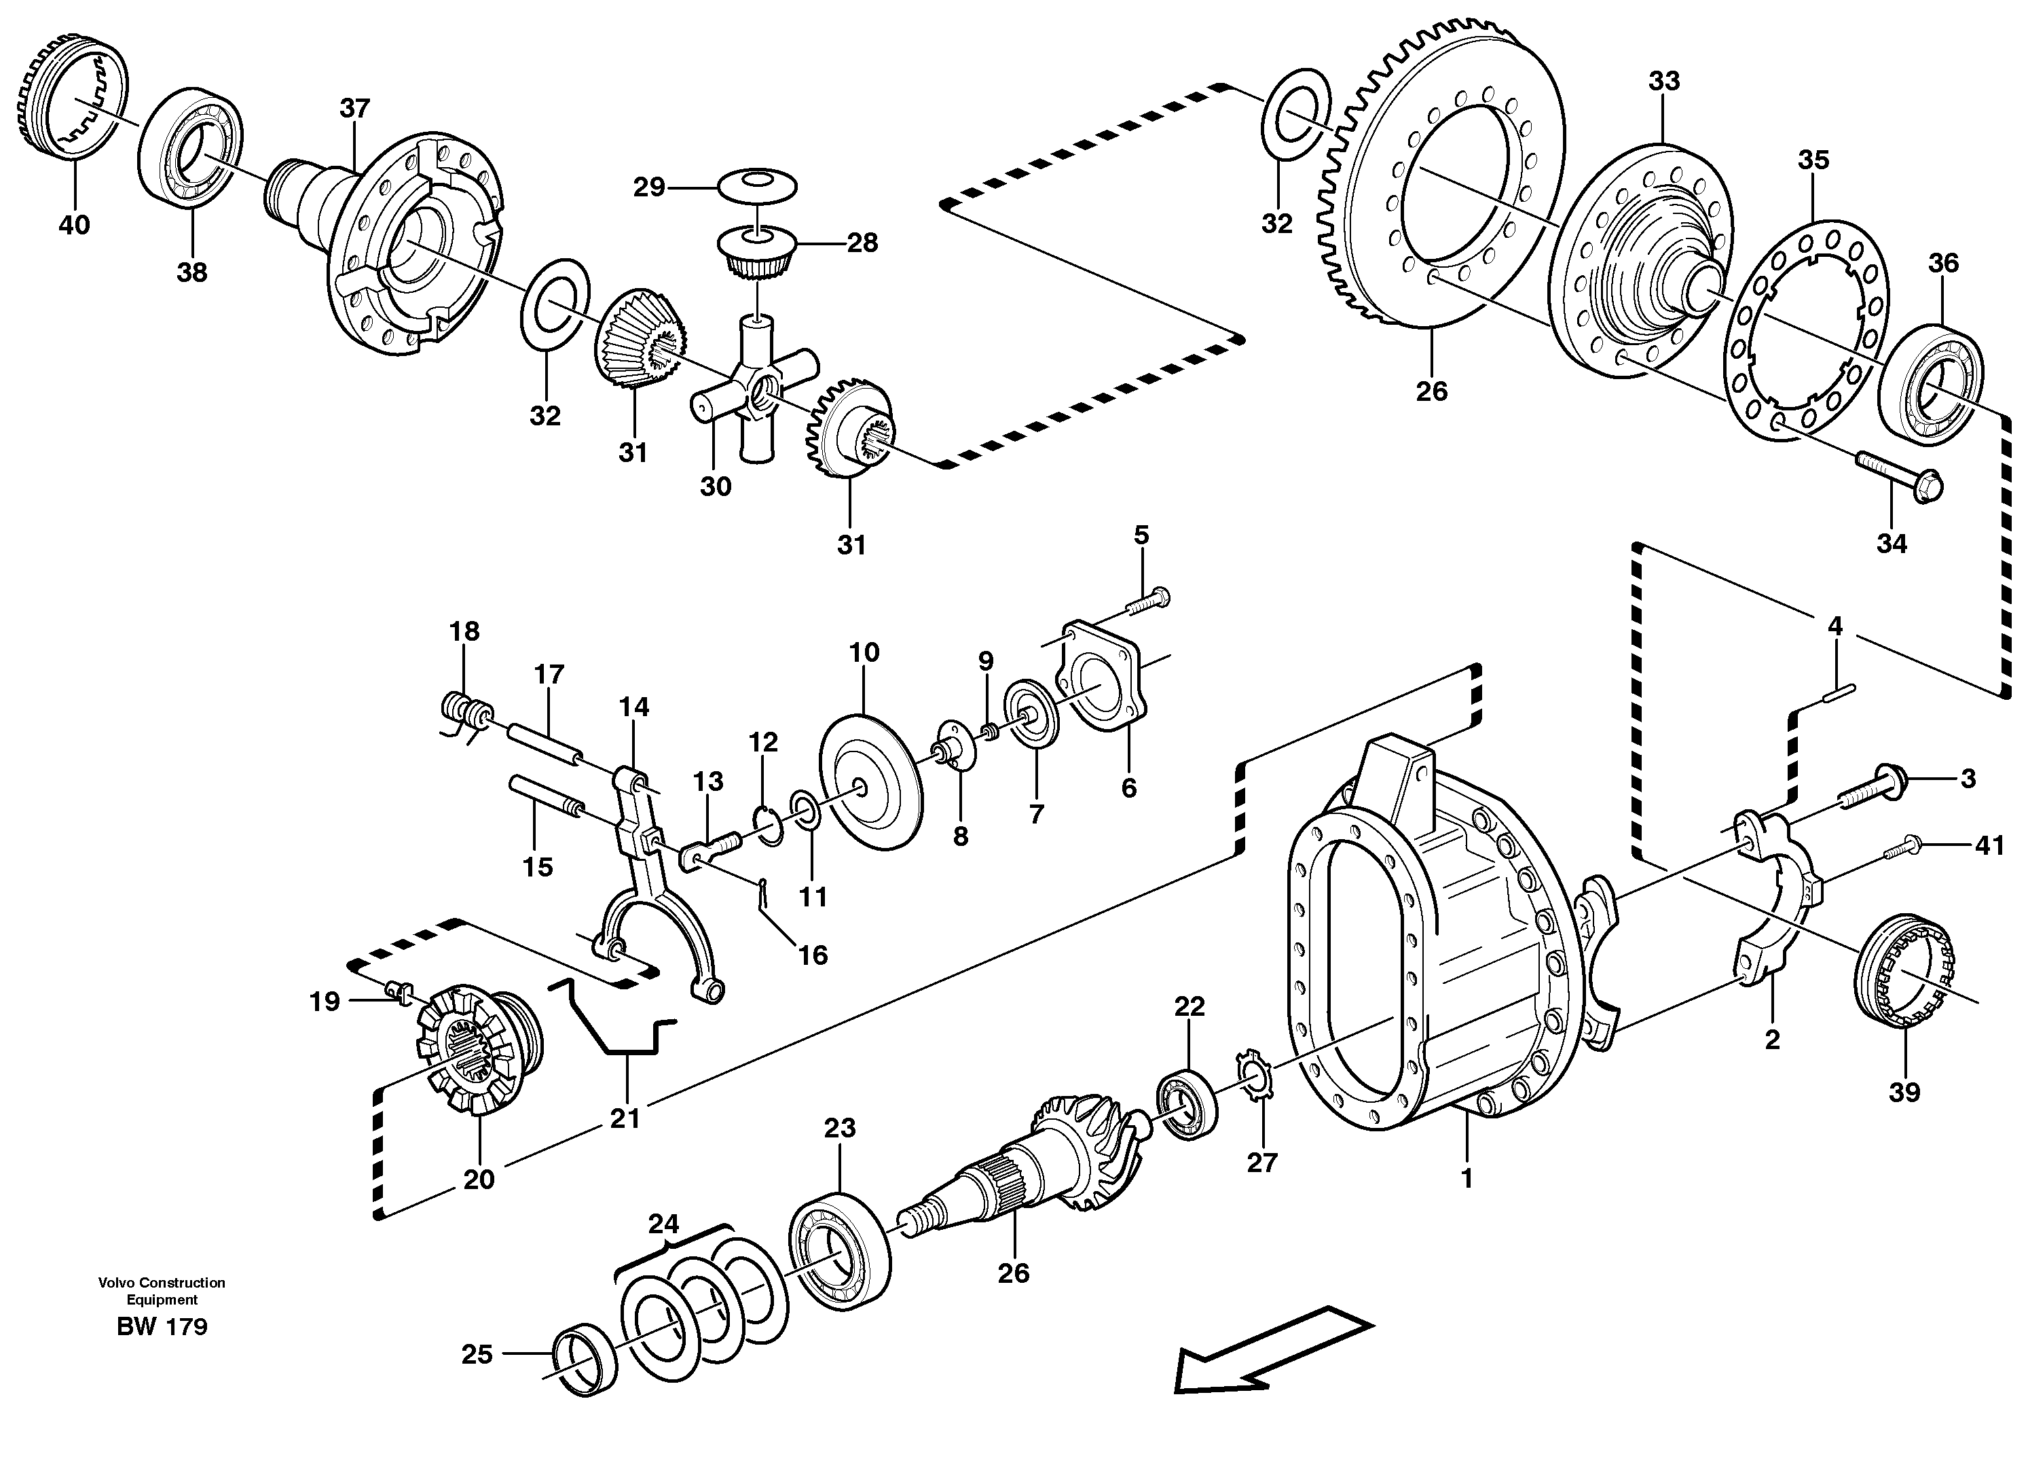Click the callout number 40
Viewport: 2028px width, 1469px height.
74,224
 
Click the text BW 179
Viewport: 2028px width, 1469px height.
162,1327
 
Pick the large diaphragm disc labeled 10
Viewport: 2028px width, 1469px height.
869,781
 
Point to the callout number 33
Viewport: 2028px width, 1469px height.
1664,82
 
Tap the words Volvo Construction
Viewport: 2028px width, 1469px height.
162,1282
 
